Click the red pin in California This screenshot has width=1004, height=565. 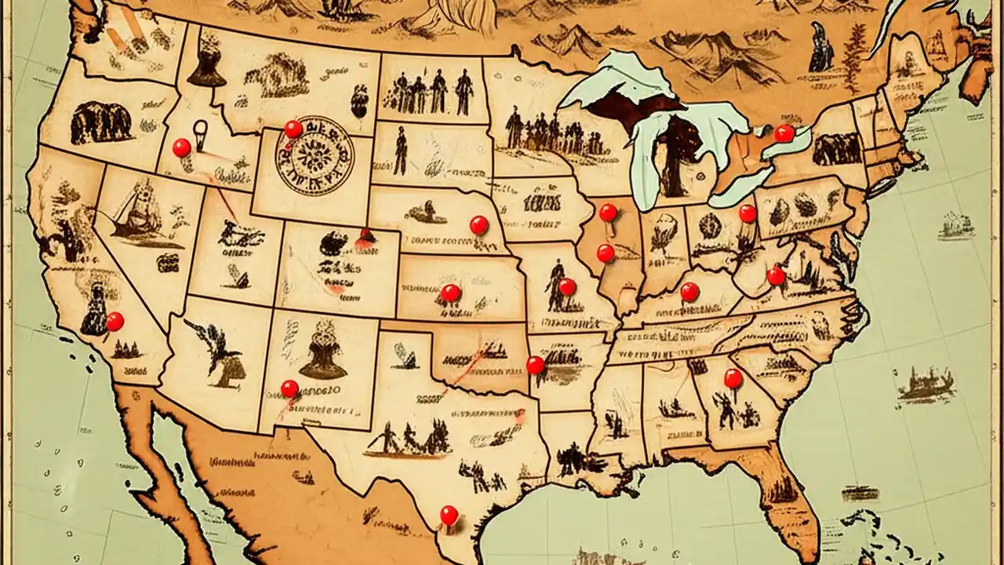coord(115,321)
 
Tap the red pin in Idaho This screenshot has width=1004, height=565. coord(181,148)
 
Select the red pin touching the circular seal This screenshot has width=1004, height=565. coord(293,129)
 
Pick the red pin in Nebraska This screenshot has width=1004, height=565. coord(478,225)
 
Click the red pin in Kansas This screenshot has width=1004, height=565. coord(450,293)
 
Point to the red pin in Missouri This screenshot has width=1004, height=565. coord(567,287)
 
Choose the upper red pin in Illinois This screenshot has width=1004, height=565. coord(608,212)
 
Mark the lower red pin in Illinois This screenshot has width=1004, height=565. coord(606,253)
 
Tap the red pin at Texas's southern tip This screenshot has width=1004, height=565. coord(449,515)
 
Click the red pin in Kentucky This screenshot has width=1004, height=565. coord(689,291)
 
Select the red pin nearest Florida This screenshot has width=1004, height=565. coord(733,378)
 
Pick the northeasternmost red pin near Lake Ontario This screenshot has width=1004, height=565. coord(784,133)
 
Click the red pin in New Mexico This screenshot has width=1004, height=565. coord(289,388)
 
